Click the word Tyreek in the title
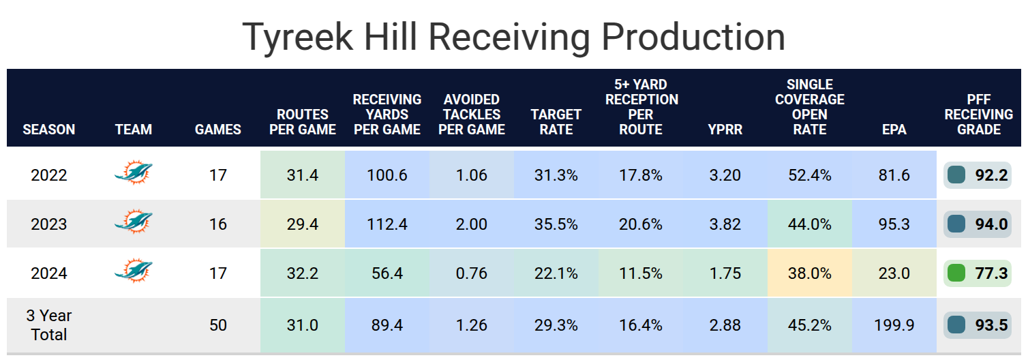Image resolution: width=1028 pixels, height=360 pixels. click(299, 37)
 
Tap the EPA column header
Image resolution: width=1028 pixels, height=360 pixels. click(894, 129)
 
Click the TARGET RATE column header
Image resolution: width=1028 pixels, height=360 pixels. click(556, 121)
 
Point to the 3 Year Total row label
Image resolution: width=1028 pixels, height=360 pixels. click(49, 325)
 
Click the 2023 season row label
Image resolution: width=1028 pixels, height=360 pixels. click(49, 224)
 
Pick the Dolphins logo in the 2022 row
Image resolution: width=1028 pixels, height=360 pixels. click(134, 174)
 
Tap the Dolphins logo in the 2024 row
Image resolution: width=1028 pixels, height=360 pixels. click(134, 272)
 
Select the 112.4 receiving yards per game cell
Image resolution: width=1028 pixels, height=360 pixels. click(387, 224)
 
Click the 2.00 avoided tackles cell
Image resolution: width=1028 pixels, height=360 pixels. click(471, 224)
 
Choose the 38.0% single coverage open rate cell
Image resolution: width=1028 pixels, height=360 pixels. click(810, 273)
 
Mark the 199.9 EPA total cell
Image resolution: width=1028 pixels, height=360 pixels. click(894, 325)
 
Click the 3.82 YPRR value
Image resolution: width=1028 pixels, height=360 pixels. click(725, 224)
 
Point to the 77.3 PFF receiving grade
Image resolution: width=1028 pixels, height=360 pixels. click(991, 273)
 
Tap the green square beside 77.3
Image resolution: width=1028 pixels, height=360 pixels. click(956, 273)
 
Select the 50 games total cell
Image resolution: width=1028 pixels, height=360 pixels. click(218, 325)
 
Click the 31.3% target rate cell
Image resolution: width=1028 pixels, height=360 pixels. click(556, 175)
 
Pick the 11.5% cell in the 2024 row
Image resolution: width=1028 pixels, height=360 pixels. click(640, 273)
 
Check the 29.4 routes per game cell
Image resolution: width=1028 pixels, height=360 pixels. click(303, 224)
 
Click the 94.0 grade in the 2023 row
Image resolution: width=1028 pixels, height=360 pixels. click(991, 224)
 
